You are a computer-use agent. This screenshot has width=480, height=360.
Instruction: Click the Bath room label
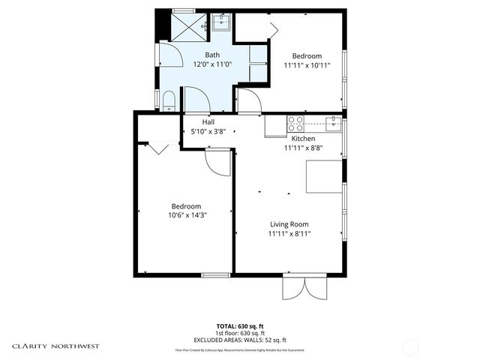coord(212,55)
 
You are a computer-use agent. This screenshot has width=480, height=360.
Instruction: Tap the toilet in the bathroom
coord(169,100)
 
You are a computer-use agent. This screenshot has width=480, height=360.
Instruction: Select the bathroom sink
coord(221,23)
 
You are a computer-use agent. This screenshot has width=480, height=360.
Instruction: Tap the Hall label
coord(208,121)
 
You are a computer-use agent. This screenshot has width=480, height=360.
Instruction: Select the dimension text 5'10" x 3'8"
coord(209,131)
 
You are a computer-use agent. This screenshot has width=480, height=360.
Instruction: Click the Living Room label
coord(289,224)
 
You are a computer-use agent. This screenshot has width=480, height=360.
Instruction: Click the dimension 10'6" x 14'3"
coord(186,216)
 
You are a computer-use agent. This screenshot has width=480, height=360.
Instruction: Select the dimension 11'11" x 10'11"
coord(307,66)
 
